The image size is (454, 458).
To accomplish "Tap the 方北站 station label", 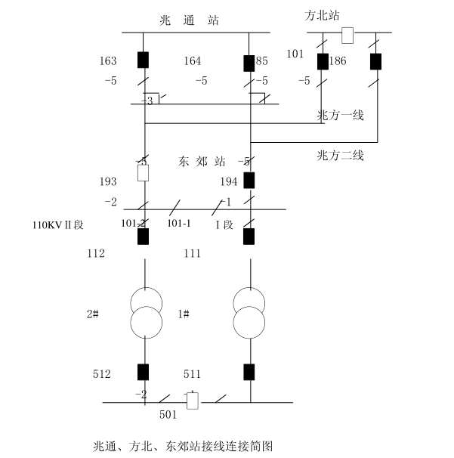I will (x=322, y=14).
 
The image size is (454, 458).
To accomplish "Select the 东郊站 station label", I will (x=204, y=161).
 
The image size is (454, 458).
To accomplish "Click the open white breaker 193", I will (x=142, y=172).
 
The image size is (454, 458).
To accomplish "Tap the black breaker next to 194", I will (x=249, y=180).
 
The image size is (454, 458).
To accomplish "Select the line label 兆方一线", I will (x=341, y=115).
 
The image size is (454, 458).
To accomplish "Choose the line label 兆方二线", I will (x=341, y=156).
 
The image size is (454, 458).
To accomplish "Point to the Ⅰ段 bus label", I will (x=226, y=224).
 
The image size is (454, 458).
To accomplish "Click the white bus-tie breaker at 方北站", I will (x=347, y=35).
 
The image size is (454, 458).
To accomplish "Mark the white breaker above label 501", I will (x=193, y=401).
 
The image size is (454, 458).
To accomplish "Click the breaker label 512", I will (x=102, y=373).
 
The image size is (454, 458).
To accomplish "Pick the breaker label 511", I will (x=193, y=373).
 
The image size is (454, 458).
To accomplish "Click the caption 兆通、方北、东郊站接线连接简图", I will (x=181, y=446).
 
